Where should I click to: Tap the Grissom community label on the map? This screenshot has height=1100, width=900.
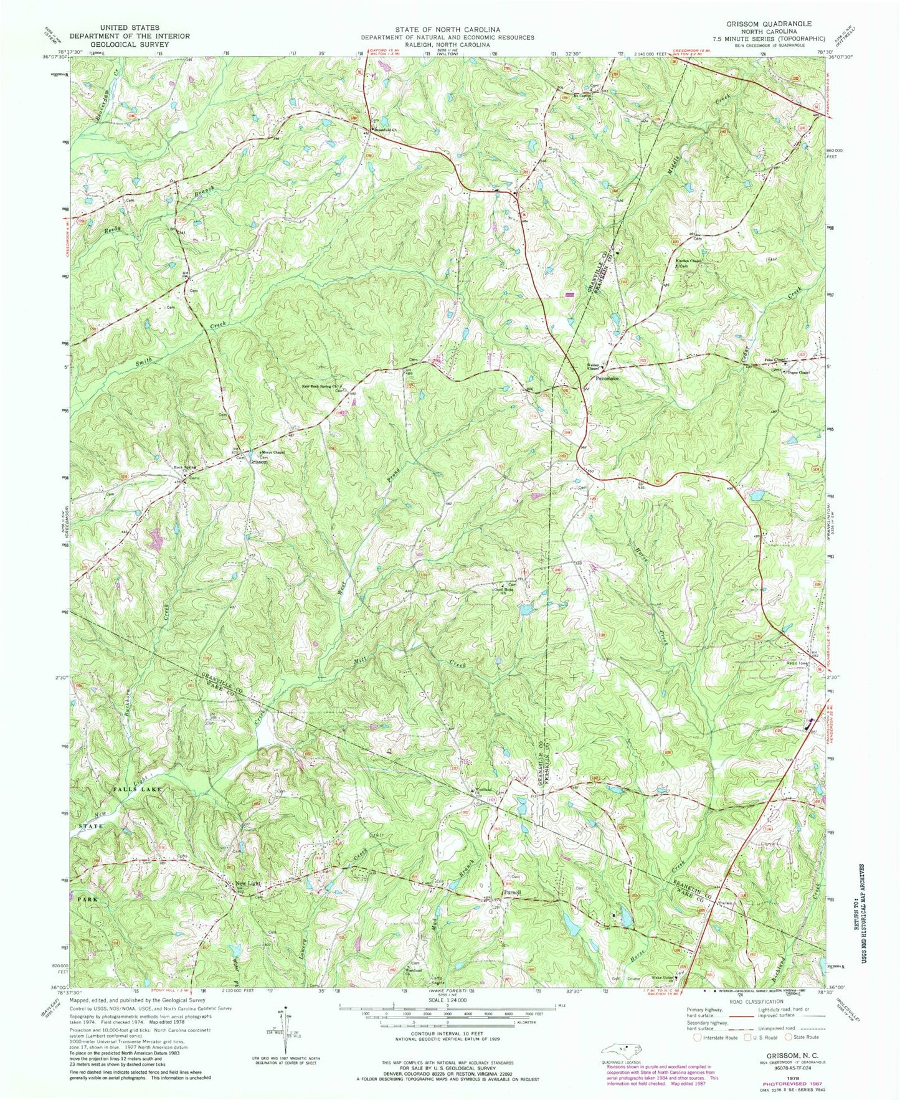pos(258,462)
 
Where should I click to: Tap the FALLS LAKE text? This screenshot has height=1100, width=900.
pos(138,789)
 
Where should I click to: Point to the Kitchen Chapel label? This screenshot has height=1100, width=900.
pos(689,260)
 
